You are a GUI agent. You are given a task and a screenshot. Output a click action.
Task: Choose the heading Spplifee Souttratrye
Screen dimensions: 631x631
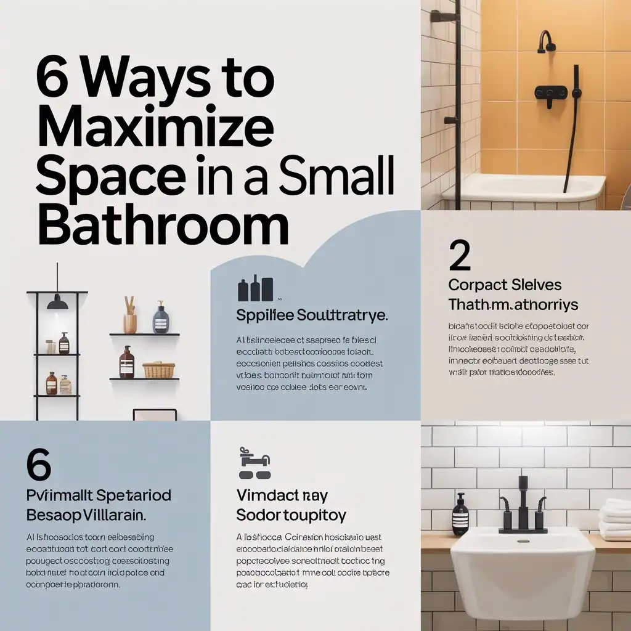pos(312,315)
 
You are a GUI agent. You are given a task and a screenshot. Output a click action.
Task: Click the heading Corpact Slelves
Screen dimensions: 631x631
pos(505,285)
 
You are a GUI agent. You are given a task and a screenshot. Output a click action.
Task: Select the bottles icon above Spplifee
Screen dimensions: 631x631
pos(255,289)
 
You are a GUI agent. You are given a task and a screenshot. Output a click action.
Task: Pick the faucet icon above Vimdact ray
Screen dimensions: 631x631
pos(254,466)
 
